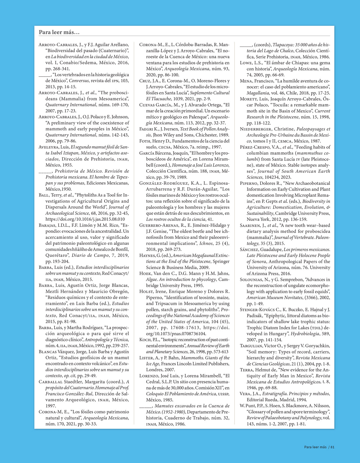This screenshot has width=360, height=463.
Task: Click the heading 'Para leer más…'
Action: (x=59, y=32)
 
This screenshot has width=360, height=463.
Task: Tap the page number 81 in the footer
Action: (x=332, y=447)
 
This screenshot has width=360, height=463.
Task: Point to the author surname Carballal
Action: (x=50, y=382)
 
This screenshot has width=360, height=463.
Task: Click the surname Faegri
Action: (x=146, y=129)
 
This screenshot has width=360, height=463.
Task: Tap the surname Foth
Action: (x=145, y=141)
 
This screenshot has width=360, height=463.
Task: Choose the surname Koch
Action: (x=145, y=340)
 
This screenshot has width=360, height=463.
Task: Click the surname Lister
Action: (x=146, y=358)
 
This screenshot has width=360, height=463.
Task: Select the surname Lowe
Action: (x=246, y=63)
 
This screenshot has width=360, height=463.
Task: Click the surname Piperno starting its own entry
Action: (x=249, y=183)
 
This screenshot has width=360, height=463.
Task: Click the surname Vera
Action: (x=245, y=394)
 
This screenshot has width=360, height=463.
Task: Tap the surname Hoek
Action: (x=145, y=273)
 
